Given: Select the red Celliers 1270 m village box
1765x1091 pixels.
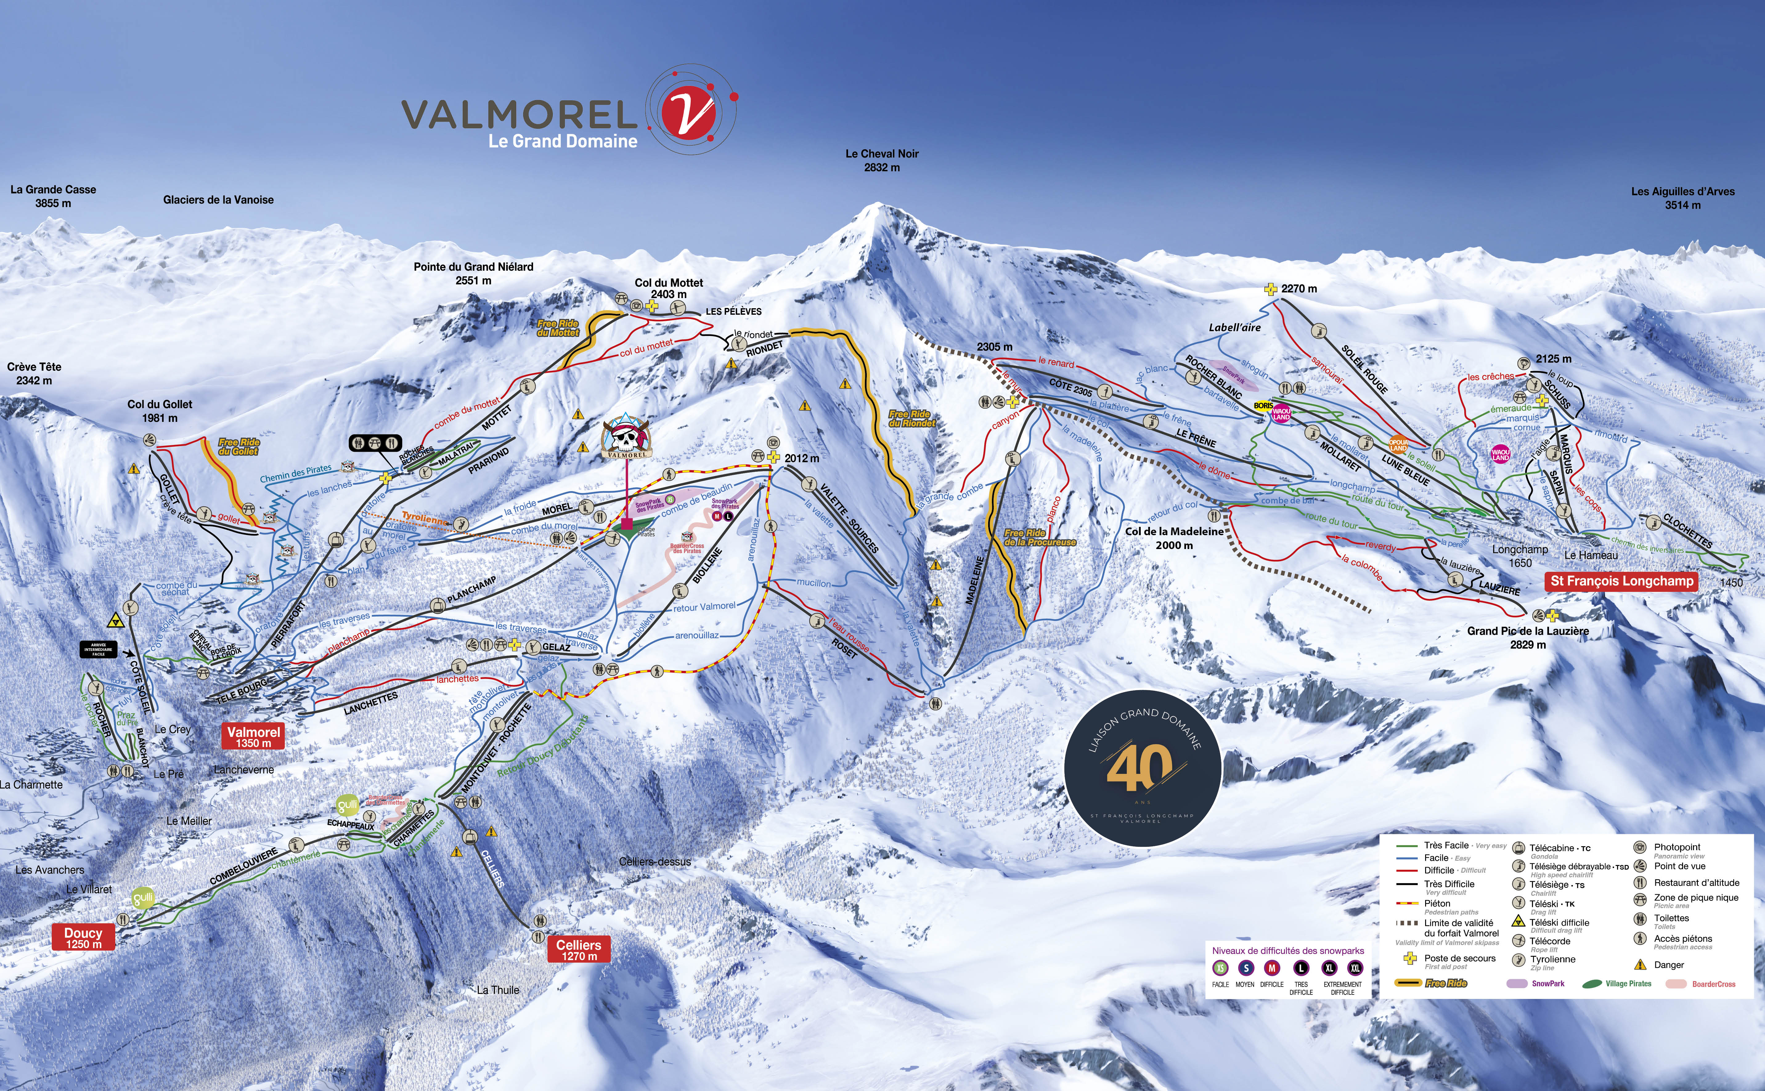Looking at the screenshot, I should click(578, 950).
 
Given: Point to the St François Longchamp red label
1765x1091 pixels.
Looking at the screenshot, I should click(1621, 581).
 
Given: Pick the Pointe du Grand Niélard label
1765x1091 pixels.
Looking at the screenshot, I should click(474, 273).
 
